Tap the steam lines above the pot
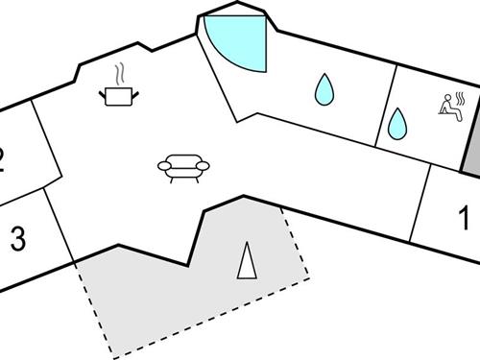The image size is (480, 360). [120, 73]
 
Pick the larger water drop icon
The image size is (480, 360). [325, 89]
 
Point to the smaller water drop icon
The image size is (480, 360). [396, 122]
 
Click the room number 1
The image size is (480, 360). [464, 219]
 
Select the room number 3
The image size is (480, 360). [17, 239]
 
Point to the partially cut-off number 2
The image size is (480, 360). [3, 157]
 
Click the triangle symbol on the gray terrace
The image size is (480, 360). [248, 259]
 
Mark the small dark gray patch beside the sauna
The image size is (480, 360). [471, 154]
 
